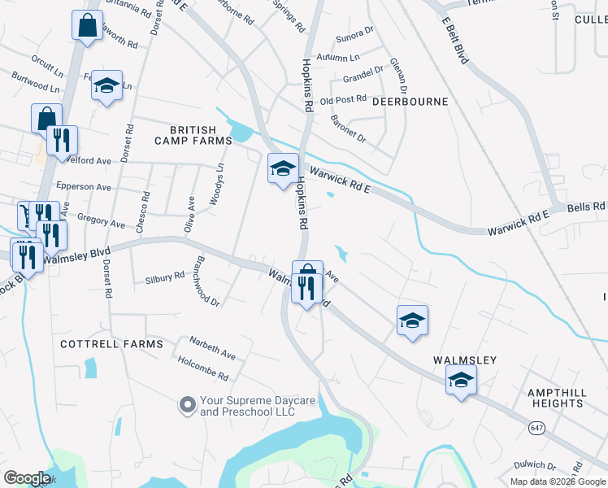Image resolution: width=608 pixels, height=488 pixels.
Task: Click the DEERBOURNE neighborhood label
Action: tap(410, 102)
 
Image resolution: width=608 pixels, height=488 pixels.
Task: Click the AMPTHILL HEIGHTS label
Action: tap(557, 398)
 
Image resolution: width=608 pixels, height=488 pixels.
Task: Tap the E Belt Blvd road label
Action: tap(456, 38)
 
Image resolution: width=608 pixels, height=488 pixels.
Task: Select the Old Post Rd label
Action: tap(344, 100)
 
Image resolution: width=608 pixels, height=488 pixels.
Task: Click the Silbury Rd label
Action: tap(164, 277)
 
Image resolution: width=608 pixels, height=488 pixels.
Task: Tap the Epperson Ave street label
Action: tap(83, 186)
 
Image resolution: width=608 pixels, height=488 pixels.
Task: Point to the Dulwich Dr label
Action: tap(536, 465)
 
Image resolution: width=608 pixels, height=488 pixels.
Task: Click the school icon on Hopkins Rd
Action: tap(283, 168)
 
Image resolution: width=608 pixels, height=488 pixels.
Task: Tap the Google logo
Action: tap(27, 478)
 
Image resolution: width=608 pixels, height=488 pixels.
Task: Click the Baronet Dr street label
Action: tap(349, 128)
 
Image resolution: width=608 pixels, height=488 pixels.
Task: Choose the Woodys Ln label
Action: tap(218, 181)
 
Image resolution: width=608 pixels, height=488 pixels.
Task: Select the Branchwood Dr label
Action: tap(206, 281)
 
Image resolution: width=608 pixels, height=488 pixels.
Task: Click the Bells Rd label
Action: tap(587, 207)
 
